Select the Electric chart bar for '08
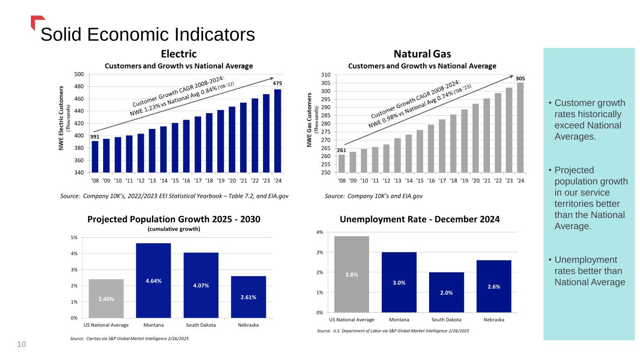(95, 157)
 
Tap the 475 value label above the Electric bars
(278, 83)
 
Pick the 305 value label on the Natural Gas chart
(520, 78)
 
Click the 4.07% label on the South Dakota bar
(201, 285)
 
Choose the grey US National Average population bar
(106, 299)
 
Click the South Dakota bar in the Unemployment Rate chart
(446, 292)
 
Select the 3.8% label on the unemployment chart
(352, 275)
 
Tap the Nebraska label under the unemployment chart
(494, 320)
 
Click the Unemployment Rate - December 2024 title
(420, 219)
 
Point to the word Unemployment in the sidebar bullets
(586, 260)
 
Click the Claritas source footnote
(129, 338)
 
